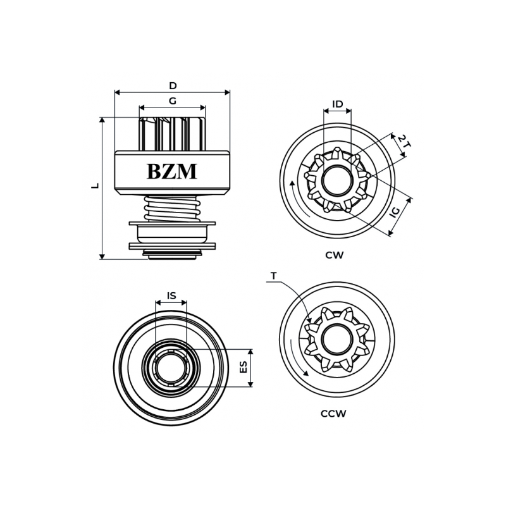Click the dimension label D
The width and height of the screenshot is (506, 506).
173,86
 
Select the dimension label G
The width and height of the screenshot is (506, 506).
173,101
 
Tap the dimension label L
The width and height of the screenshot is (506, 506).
96,186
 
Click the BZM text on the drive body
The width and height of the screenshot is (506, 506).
171,171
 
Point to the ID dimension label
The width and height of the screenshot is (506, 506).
337,104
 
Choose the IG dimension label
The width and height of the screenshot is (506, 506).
395,212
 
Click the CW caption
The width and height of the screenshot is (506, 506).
335,256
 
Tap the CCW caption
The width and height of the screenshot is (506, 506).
333,414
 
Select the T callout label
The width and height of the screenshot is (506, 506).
273,276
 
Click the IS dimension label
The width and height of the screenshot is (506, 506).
171,295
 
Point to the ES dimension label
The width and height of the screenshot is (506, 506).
244,367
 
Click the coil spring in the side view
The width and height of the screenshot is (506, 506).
172,207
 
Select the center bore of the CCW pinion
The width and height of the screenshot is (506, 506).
336,340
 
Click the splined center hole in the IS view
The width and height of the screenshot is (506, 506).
171,367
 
